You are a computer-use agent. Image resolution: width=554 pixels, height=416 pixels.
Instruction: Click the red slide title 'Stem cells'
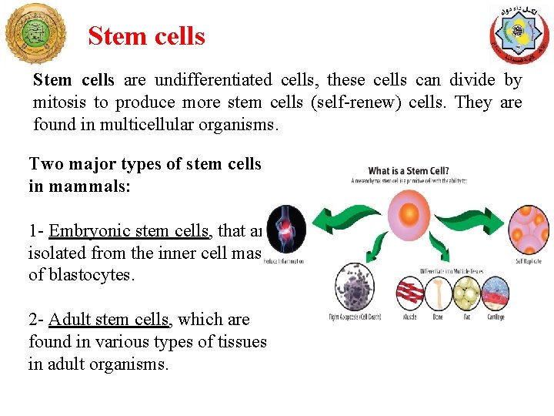(146, 36)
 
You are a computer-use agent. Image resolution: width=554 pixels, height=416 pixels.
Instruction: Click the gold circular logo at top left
(35, 32)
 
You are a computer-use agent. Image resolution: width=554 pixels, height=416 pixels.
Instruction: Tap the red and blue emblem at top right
(519, 34)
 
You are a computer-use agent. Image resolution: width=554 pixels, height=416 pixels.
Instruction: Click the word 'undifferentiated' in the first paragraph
(212, 80)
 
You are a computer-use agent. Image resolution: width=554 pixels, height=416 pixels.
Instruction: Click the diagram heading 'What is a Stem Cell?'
(409, 171)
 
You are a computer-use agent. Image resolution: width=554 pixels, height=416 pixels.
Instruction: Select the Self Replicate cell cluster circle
(528, 229)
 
